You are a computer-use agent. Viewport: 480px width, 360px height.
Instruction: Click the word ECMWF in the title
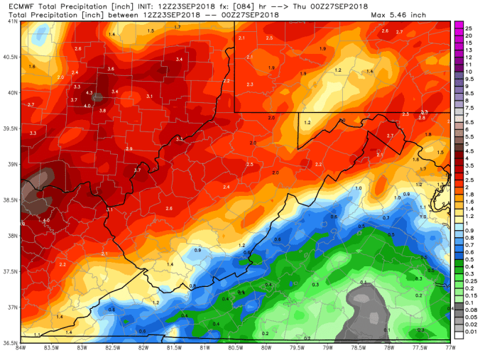(16, 6)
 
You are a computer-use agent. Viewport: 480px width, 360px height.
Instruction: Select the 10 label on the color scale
(469, 72)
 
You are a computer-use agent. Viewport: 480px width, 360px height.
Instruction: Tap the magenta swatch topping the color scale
(459, 25)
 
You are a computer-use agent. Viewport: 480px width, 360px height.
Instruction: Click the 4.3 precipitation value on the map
(89, 93)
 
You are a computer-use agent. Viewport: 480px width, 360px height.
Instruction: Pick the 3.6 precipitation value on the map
(110, 68)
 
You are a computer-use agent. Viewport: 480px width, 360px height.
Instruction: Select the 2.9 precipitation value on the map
(129, 148)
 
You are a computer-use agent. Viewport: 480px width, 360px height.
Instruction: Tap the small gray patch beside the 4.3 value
(98, 96)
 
